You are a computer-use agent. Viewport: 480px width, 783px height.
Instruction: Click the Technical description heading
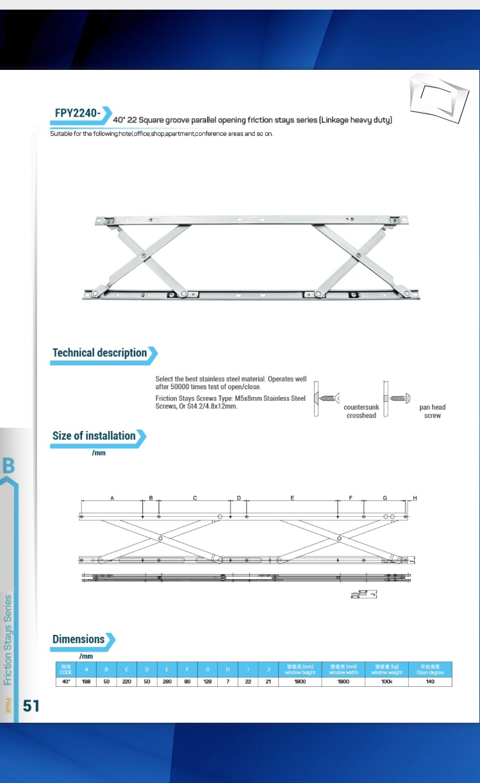pos(99,353)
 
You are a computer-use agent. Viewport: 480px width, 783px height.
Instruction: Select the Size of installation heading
pos(94,436)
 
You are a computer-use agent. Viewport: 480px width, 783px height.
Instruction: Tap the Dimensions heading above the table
pos(78,639)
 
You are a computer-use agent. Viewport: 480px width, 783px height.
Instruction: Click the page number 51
pos(31,706)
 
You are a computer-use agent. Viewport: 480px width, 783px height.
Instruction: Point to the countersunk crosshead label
pos(361,411)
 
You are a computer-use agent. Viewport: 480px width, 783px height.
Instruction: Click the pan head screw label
pos(432,411)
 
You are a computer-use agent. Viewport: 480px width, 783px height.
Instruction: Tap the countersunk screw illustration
pos(328,398)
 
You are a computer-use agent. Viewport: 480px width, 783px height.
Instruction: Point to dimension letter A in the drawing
pos(112,498)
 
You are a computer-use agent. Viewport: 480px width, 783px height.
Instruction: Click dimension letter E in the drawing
pos(292,498)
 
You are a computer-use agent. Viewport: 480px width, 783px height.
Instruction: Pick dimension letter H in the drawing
pos(415,498)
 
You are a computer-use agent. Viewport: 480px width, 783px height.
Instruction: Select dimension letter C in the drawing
pos(195,498)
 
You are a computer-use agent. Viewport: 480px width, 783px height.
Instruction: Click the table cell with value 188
pos(86,682)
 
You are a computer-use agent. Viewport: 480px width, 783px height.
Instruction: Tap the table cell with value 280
pos(167,682)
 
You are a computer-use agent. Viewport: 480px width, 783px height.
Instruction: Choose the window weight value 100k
pos(387,682)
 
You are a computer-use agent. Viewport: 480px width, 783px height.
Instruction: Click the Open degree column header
pos(430,670)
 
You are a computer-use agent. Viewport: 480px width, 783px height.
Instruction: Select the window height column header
pos(300,670)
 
